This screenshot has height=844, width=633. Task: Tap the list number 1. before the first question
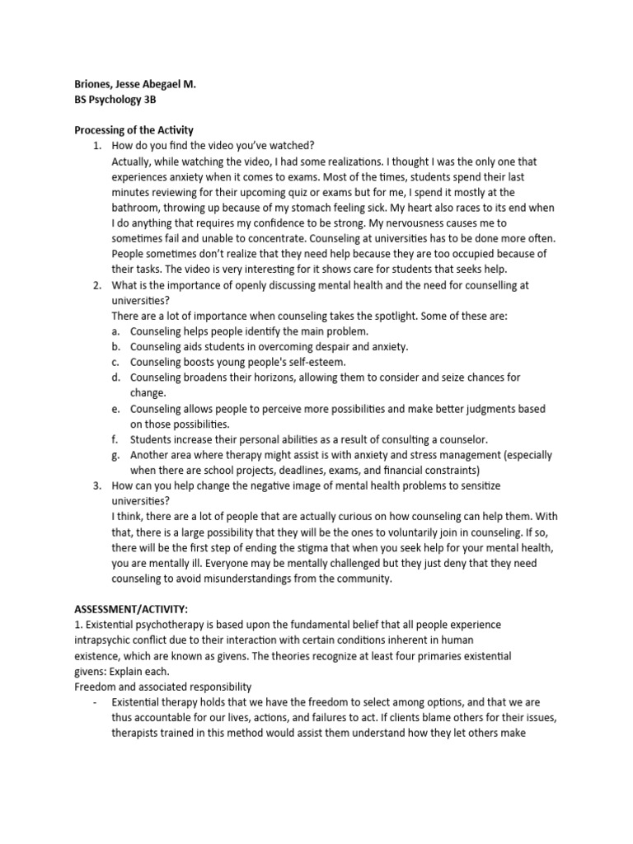pyautogui.click(x=96, y=145)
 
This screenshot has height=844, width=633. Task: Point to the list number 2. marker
pyautogui.click(x=96, y=284)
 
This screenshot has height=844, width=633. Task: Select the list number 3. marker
pyautogui.click(x=96, y=485)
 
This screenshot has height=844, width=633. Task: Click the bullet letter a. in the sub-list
pyautogui.click(x=116, y=331)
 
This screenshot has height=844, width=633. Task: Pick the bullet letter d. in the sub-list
pyautogui.click(x=116, y=377)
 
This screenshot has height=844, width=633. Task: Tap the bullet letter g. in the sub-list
pyautogui.click(x=116, y=455)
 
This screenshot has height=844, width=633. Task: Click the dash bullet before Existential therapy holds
pyautogui.click(x=97, y=702)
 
